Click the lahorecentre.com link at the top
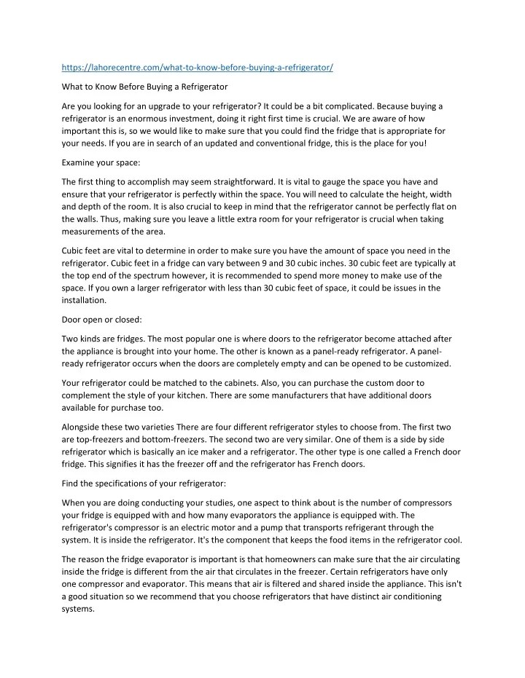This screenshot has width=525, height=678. [198, 68]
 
